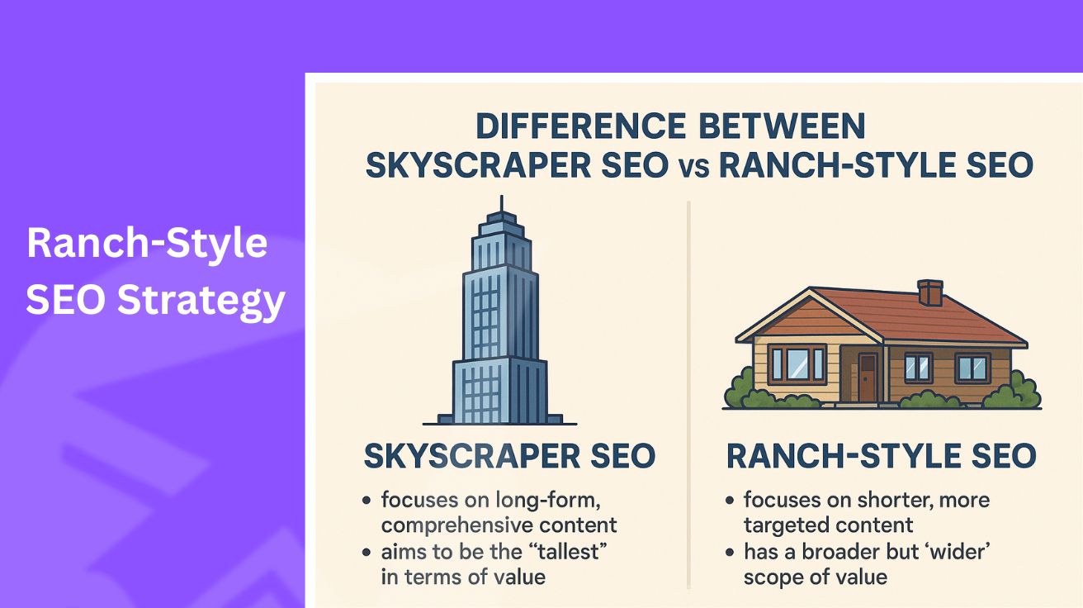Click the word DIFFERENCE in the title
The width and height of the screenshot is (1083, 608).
pos(579,126)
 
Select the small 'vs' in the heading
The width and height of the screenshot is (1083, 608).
pos(693,167)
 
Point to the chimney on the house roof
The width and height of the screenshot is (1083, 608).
pos(929,292)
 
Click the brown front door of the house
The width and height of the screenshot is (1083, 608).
pos(868,377)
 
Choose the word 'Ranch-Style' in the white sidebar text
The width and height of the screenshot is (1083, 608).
pos(147,245)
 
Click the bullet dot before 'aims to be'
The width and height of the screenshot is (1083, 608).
pos(366,552)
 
